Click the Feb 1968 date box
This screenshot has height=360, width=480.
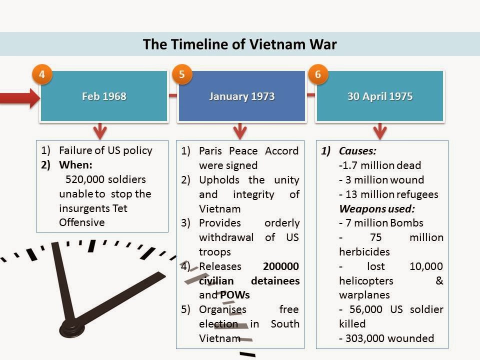tap(104, 96)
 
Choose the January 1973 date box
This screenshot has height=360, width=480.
tap(241, 96)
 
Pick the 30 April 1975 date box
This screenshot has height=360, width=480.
tap(380, 96)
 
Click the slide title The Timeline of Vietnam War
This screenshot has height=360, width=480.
tap(239, 44)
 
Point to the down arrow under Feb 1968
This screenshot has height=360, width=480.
tap(100, 131)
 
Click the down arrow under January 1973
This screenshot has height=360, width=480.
tap(239, 131)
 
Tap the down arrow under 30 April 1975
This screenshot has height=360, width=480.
tap(380, 131)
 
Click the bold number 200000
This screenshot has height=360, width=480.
tap(281, 266)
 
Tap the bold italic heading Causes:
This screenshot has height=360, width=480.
tap(357, 150)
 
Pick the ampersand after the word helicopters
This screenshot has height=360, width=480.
tap(439, 280)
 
